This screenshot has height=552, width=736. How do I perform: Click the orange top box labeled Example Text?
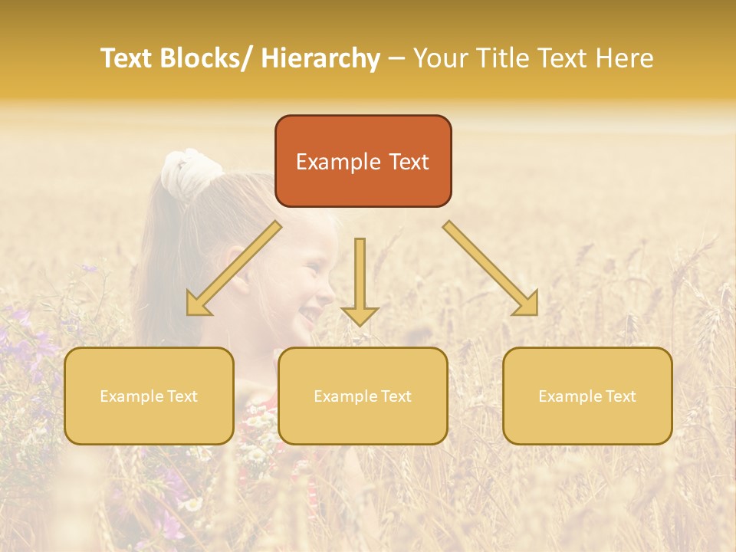[x=363, y=161]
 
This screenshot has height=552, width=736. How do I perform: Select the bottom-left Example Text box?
[x=149, y=396]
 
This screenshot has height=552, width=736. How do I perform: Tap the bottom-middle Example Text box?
[x=363, y=396]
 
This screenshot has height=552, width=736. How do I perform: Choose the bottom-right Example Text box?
[x=587, y=396]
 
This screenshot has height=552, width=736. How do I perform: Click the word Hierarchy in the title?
[x=320, y=58]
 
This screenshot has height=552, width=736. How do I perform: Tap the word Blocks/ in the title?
[x=204, y=58]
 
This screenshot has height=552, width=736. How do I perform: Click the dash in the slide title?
[x=396, y=58]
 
